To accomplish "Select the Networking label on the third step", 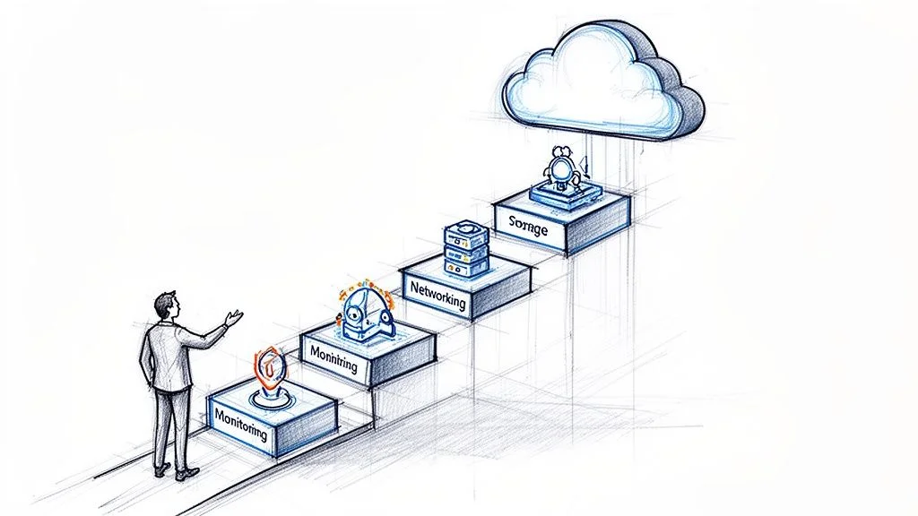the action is [x=437, y=295].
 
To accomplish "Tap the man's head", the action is [x=165, y=305].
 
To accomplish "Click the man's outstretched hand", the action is [x=234, y=317].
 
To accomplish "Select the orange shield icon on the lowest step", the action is [x=268, y=367].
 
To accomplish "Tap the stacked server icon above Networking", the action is [x=466, y=248].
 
